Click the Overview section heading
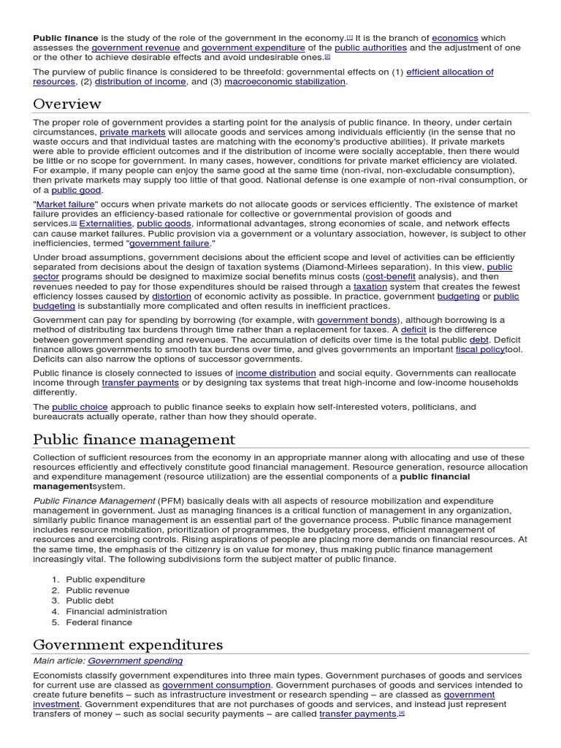67,104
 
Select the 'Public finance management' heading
134,439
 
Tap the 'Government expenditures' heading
128,644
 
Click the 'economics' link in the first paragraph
454,37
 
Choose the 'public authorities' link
370,47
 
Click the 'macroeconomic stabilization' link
285,82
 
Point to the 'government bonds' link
357,320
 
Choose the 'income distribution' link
275,373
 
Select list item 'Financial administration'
116,611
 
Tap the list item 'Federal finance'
99,622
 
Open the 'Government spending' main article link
135,661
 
